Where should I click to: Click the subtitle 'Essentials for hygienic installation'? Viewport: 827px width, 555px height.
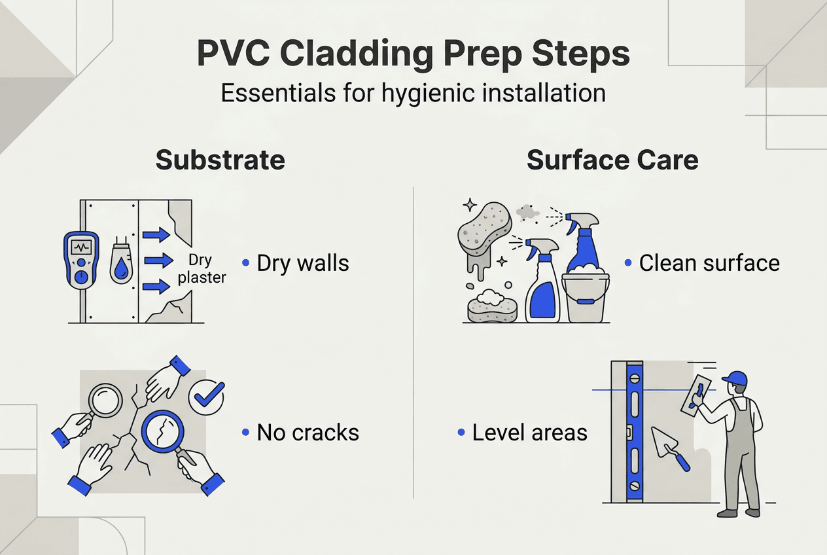[x=413, y=93]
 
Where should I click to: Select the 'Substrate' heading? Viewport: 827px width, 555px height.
[x=220, y=160]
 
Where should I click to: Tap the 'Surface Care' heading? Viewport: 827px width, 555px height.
[x=612, y=160]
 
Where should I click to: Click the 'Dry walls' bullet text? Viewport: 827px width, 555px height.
[x=302, y=263]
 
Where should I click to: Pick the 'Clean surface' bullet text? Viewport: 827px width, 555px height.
[x=709, y=263]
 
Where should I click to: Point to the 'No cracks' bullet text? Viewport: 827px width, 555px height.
[x=308, y=432]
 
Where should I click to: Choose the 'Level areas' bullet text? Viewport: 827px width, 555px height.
[x=529, y=433]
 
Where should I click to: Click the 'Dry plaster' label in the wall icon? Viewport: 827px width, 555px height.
[x=202, y=269]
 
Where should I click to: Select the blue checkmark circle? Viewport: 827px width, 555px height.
[x=206, y=395]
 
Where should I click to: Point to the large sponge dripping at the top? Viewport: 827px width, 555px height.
[x=484, y=229]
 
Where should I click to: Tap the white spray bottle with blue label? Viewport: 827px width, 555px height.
[x=542, y=285]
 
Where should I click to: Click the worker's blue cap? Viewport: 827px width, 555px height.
[x=736, y=379]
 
